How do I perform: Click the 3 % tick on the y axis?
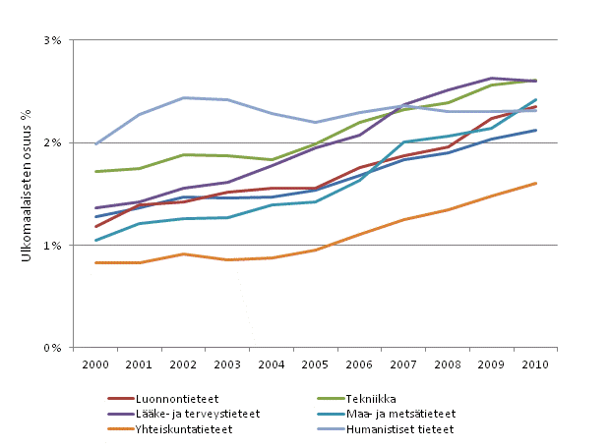coord(52,40)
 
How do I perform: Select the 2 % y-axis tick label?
coord(52,142)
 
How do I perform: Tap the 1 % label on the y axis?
coord(52,245)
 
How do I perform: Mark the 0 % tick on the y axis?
coord(52,347)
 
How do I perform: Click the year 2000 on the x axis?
coord(95,364)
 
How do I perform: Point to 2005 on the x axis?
coord(315,364)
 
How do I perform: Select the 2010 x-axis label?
coord(535,364)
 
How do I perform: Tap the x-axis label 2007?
coord(403,364)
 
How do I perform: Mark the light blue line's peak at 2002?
coord(183,97)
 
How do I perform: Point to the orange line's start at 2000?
coord(95,262)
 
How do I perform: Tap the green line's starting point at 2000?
coord(95,172)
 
